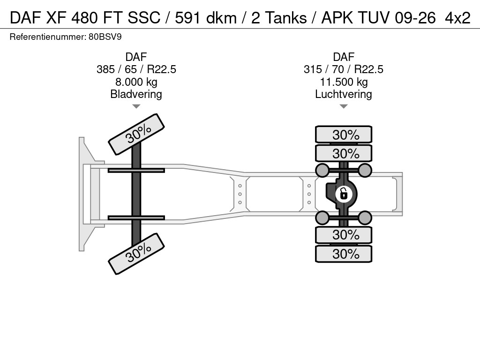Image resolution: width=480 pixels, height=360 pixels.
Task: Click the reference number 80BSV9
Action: [x=105, y=37]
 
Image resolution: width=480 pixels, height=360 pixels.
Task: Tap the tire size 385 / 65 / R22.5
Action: [x=136, y=69]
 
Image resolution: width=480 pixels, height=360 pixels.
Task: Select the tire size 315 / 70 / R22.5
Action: [x=344, y=69]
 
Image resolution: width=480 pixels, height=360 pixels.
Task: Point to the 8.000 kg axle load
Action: [x=136, y=82]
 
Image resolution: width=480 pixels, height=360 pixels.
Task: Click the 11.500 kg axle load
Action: [x=344, y=82]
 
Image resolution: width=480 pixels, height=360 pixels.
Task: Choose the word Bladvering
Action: [x=136, y=94]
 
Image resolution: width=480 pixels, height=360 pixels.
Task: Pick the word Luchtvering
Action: [x=344, y=94]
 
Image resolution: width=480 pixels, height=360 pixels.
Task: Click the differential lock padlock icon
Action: [x=344, y=194]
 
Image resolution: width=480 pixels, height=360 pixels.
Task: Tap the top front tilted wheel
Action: [x=136, y=134]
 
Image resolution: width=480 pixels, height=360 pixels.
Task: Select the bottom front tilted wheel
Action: [x=136, y=254]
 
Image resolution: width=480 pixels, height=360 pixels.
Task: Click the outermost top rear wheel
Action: [x=344, y=135]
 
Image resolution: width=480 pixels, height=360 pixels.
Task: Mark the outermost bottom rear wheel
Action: [x=344, y=254]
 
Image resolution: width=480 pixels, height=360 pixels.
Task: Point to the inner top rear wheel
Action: [x=344, y=153]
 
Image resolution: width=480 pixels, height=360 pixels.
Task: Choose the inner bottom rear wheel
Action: [x=344, y=235]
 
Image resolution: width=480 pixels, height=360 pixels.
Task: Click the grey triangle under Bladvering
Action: [x=136, y=106]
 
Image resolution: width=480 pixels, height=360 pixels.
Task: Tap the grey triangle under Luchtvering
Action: [x=344, y=106]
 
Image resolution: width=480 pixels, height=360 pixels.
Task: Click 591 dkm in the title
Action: [x=206, y=18]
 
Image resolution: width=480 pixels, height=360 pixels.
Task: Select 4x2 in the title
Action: [x=457, y=18]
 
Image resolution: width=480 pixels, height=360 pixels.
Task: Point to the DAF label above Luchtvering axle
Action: [x=344, y=57]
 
